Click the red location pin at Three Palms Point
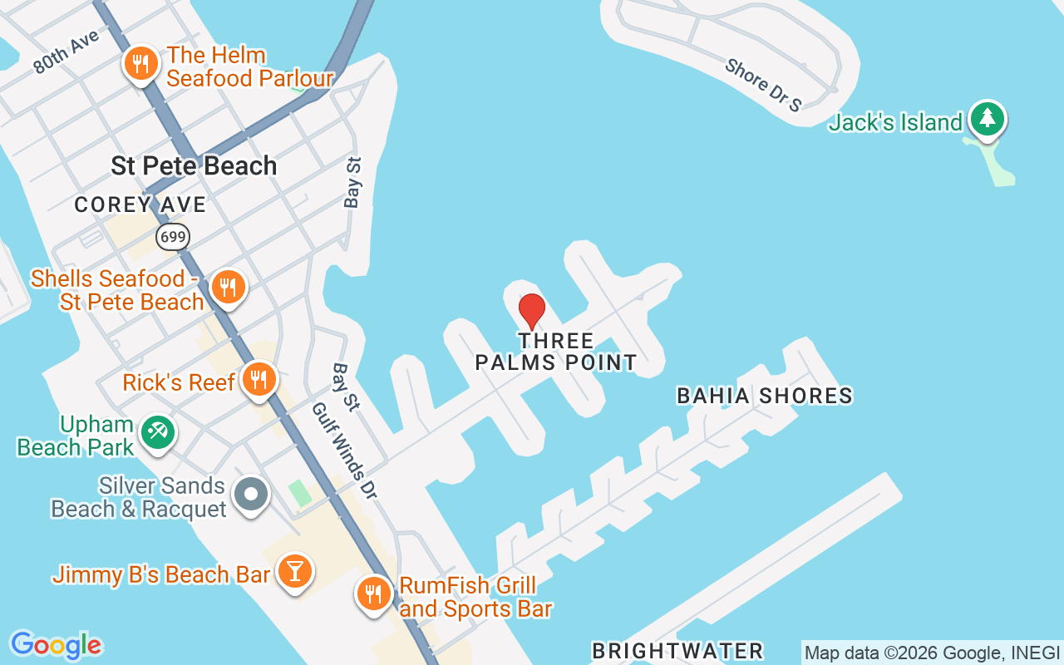[532, 311]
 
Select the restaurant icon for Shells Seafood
[227, 288]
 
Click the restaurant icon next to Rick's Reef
[259, 380]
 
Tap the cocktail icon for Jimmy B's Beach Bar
[294, 572]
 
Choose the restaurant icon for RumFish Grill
[374, 594]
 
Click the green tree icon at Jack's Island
[987, 119]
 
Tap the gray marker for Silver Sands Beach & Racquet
[250, 495]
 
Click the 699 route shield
[173, 237]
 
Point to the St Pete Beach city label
[194, 165]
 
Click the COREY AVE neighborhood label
[140, 204]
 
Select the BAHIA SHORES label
[765, 396]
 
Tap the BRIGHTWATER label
[677, 650]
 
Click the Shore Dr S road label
[762, 85]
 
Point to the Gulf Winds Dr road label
[344, 451]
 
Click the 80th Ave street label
[66, 52]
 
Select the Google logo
[56, 645]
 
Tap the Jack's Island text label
[895, 123]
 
